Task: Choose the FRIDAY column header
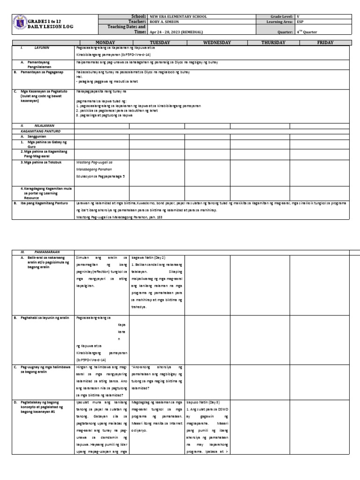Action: click(324, 43)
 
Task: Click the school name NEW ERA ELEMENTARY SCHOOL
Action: click(178, 16)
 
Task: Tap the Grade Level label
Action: click(280, 16)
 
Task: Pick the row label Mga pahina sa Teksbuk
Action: click(42, 162)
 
